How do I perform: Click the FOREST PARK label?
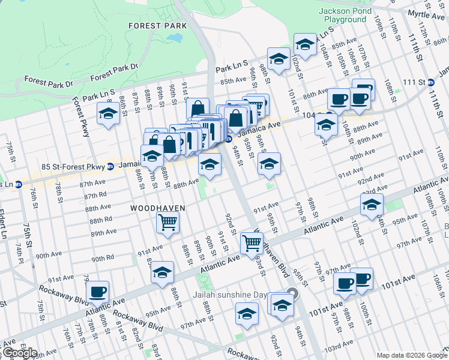(158, 26)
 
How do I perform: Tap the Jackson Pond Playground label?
(342, 15)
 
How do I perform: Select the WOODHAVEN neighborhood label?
(157, 208)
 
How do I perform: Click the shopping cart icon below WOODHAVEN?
(167, 222)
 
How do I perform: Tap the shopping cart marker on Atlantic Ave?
(251, 243)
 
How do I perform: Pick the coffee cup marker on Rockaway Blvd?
(97, 292)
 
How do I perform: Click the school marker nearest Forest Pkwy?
(108, 114)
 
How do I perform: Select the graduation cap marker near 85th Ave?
(278, 59)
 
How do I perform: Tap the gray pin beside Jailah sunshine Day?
(292, 294)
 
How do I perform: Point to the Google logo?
(19, 353)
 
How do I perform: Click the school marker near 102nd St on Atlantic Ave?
(372, 205)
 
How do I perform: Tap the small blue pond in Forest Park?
(175, 37)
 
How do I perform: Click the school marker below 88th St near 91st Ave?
(162, 272)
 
